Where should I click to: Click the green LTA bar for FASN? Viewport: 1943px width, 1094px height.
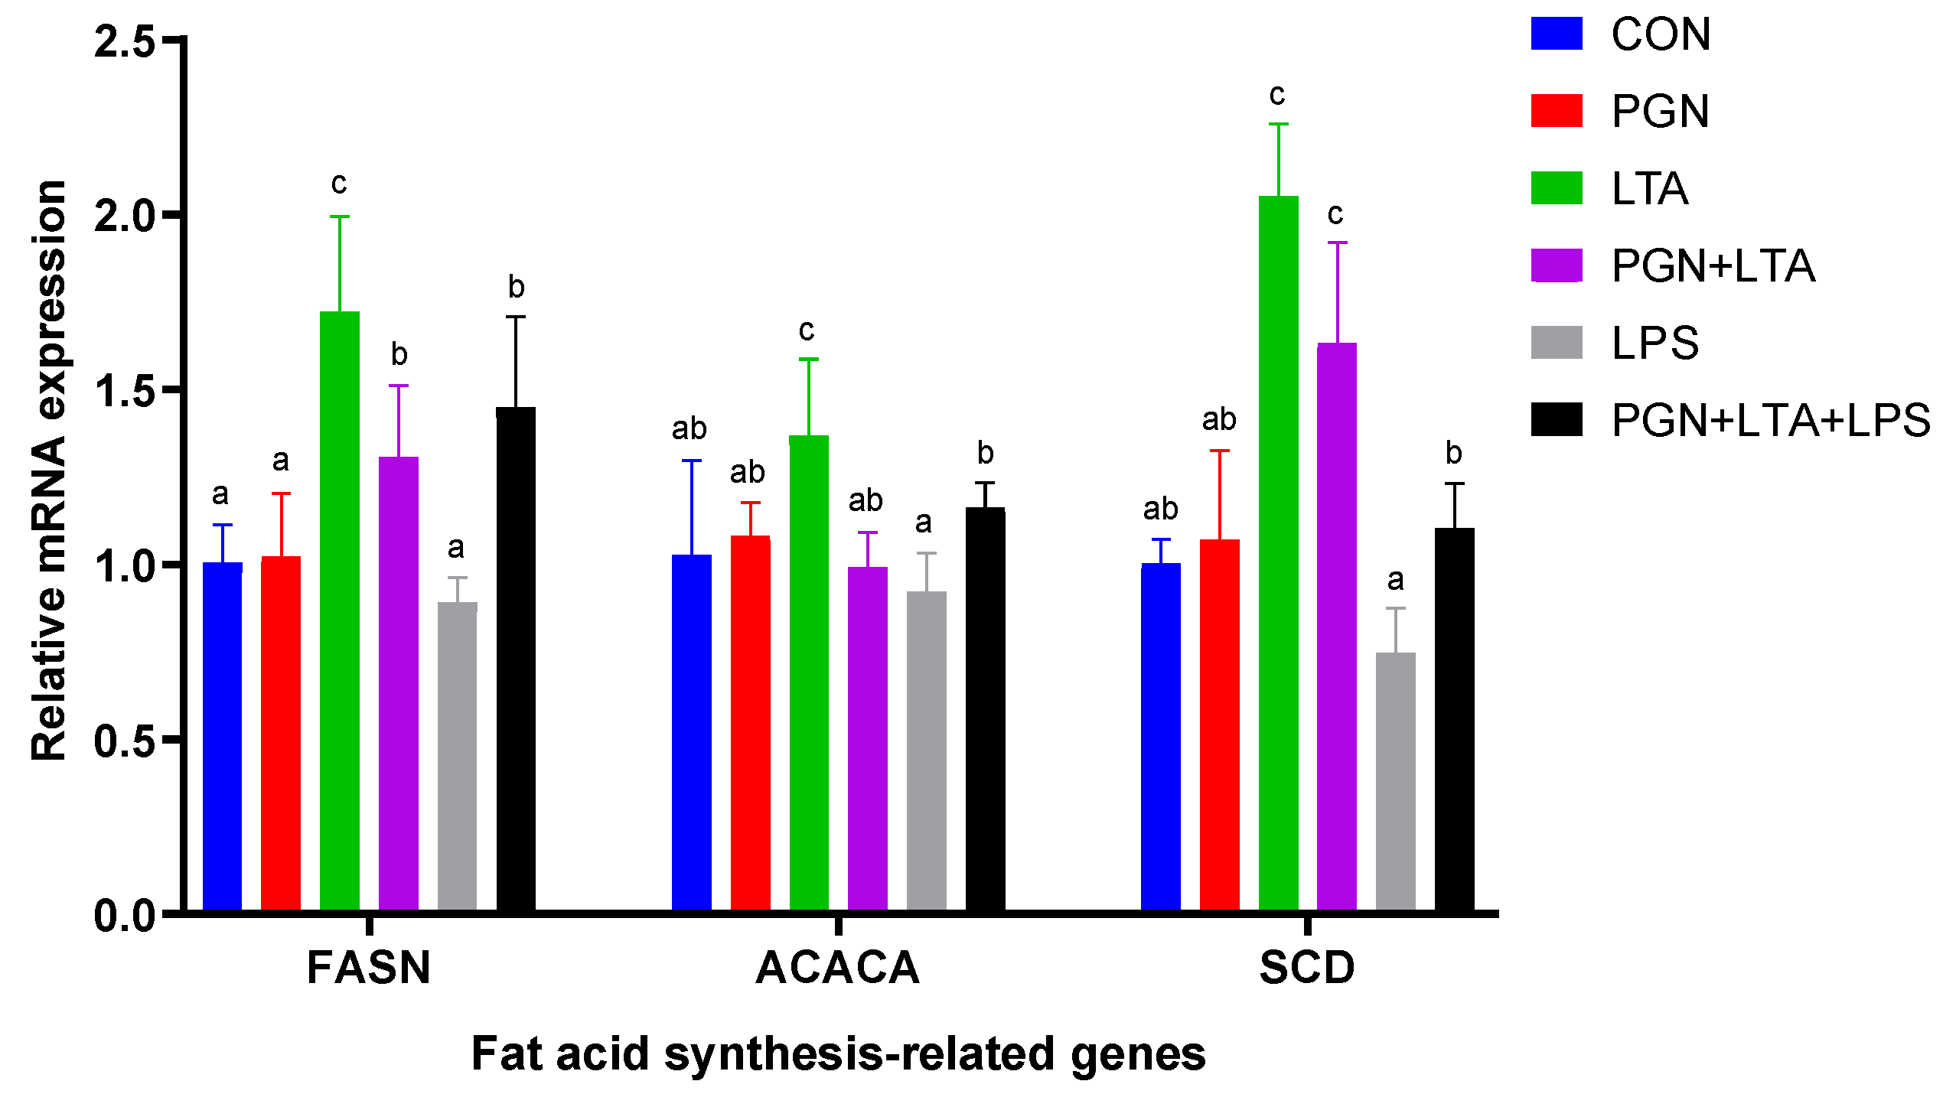[340, 612]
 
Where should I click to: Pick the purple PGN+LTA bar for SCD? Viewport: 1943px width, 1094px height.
[1337, 627]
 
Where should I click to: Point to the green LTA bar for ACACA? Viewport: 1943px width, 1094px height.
[809, 673]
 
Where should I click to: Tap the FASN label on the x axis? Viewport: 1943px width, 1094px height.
[369, 968]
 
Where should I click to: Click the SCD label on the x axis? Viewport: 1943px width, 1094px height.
[1307, 968]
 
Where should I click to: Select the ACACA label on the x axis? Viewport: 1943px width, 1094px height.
[838, 968]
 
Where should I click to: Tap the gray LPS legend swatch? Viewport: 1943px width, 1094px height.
[1557, 343]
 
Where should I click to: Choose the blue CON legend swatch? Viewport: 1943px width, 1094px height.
[1557, 34]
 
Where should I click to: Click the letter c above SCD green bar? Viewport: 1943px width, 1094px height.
[1277, 95]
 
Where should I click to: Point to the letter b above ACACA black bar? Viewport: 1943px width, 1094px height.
[986, 453]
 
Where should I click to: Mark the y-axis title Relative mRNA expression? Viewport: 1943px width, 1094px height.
[49, 470]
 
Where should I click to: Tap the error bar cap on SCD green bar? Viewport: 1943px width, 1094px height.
[1279, 124]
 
